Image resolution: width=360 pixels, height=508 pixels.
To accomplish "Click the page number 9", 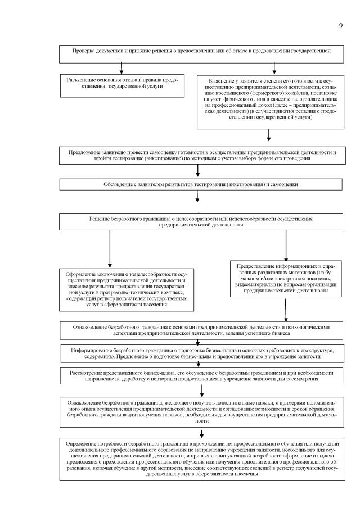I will click(341, 25).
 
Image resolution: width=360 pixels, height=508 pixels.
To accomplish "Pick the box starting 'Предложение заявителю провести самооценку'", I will click(200, 156).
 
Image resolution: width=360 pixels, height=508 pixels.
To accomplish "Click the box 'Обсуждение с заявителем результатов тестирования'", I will click(200, 184).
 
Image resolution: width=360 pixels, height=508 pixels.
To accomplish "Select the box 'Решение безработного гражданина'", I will click(200, 221).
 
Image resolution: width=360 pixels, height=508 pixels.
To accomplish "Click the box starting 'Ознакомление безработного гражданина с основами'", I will click(200, 329).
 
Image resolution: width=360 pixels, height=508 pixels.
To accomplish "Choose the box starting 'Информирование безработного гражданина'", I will click(200, 353).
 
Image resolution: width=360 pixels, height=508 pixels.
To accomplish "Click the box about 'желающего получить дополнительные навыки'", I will click(200, 411).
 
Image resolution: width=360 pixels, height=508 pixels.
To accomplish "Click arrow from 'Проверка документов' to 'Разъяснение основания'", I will click(121, 67).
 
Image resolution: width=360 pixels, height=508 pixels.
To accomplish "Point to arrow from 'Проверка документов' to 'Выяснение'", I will click(274, 67).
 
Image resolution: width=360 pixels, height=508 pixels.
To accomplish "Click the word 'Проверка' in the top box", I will click(84, 51).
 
